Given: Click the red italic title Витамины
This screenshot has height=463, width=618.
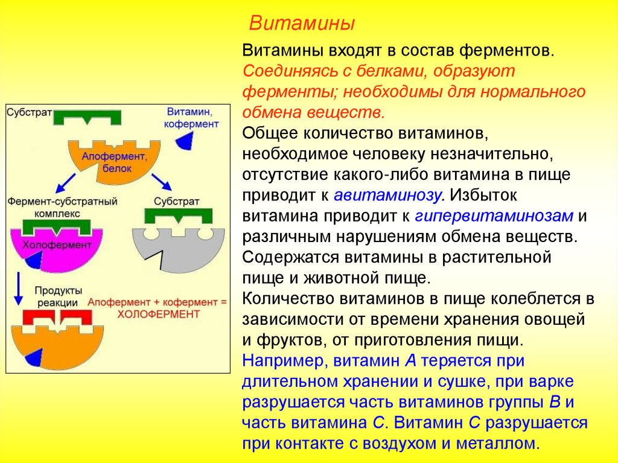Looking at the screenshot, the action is [302, 24].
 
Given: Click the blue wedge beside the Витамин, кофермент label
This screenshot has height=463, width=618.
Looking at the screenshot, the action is [185, 140].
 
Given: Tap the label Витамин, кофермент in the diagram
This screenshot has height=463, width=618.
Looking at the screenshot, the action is [193, 118].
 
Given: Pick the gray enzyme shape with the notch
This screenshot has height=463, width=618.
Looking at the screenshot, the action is [181, 247].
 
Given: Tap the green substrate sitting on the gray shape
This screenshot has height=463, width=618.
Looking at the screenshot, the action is [179, 216].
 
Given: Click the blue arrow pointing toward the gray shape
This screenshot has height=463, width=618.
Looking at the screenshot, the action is [160, 181].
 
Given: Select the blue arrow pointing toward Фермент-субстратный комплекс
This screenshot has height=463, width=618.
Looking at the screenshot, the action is [67, 181].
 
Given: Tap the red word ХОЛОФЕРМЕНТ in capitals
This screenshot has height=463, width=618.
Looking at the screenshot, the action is [158, 314].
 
